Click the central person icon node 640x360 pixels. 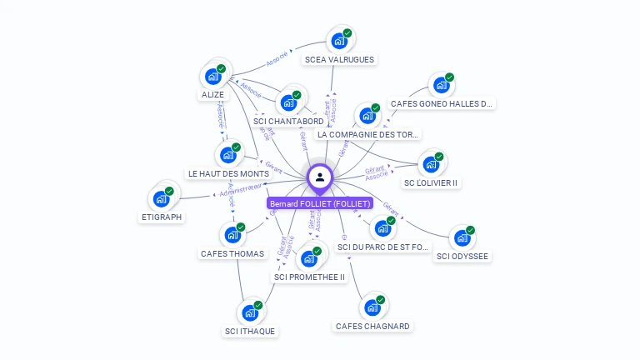(x=320, y=177)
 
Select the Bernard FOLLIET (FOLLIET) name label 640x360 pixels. (x=320, y=203)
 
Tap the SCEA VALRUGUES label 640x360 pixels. (x=339, y=59)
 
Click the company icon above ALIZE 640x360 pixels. (x=213, y=77)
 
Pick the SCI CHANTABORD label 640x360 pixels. (x=287, y=121)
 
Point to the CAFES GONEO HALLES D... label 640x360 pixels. (x=442, y=104)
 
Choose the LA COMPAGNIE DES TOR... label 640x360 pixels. (x=368, y=134)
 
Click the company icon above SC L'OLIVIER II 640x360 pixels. (x=431, y=164)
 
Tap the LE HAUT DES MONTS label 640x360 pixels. (x=227, y=173)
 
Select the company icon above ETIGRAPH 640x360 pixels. (x=161, y=199)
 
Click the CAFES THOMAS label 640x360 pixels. (x=232, y=253)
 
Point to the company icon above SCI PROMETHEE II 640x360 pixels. (x=309, y=257)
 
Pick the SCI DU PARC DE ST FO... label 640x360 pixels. (x=382, y=247)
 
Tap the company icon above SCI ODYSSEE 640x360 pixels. (x=462, y=238)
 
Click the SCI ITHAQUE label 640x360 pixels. (x=249, y=331)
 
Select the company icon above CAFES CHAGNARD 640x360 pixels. (x=372, y=307)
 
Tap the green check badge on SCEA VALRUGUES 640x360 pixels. (x=347, y=33)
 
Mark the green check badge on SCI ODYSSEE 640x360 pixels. (x=470, y=230)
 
